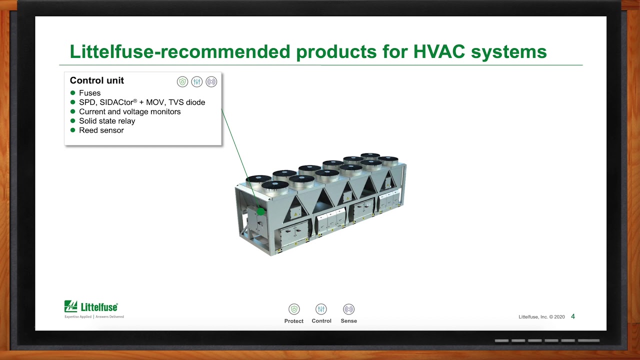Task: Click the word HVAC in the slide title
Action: coord(439,51)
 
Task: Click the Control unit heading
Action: coord(97,80)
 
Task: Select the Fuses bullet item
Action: coord(89,93)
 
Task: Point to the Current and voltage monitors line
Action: coord(129,111)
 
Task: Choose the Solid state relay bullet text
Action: coord(107,121)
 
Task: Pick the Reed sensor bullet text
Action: coord(101,130)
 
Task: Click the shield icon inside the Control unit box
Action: coord(182,82)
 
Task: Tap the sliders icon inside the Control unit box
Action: coord(197,82)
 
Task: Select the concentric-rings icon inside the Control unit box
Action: coord(211,82)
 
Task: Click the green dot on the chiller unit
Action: coord(261,211)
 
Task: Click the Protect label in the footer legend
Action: coord(293,321)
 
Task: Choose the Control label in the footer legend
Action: coord(321,321)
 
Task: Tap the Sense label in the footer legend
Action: coord(348,321)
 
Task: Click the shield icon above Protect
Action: coord(294,309)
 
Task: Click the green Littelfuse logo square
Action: coord(70,306)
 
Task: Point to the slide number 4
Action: coord(573,316)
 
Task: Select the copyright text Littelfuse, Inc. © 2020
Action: coord(541,317)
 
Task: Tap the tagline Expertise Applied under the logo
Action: coord(78,317)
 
